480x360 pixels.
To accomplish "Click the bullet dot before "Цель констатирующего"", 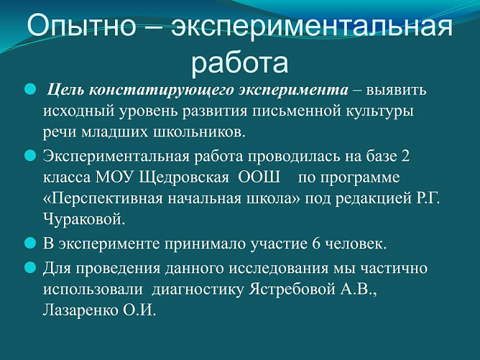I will coord(30,90).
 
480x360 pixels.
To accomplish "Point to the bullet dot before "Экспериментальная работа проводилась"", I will coord(30,155).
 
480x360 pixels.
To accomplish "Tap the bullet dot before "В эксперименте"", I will coord(30,243).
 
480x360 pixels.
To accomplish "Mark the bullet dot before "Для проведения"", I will coord(30,268).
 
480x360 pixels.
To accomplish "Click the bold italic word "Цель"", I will coord(66,91).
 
